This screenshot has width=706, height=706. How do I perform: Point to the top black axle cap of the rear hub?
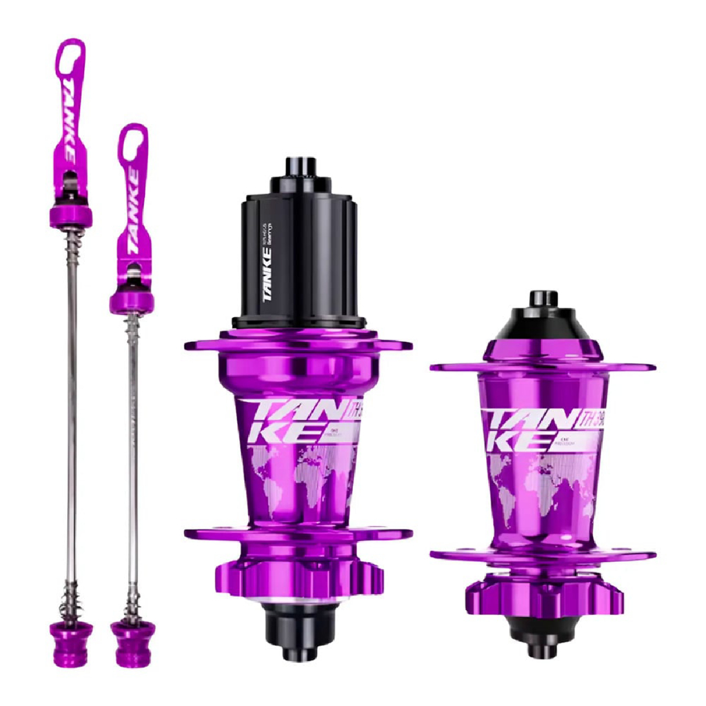pos(301,169)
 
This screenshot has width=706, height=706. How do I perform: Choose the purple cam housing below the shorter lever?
pos(131,301)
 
